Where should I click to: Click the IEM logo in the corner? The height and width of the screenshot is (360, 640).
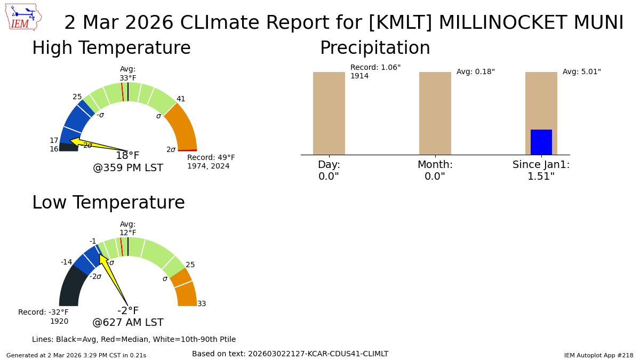[23, 17]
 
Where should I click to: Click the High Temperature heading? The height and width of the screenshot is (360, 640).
[111, 49]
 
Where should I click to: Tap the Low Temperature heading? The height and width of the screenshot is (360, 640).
[108, 203]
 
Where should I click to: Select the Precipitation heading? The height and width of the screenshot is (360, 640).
[375, 49]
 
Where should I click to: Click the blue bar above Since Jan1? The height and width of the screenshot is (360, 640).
[541, 142]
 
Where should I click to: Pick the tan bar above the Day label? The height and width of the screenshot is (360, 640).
[329, 113]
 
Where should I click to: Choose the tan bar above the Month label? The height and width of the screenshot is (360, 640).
[435, 113]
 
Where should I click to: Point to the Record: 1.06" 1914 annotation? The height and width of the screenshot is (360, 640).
[375, 72]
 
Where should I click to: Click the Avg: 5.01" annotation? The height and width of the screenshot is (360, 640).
[581, 72]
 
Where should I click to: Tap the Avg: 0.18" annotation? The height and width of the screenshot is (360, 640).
[475, 72]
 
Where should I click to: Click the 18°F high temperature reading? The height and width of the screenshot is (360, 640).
[127, 156]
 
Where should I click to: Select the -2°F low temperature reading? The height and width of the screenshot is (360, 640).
[128, 311]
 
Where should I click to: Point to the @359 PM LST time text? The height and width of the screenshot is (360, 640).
[128, 168]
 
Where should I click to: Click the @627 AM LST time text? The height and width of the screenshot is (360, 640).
[128, 323]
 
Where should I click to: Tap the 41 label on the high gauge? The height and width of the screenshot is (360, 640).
[181, 99]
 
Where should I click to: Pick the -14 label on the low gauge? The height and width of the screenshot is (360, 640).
[66, 262]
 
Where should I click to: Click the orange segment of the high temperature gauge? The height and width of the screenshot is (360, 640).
[184, 128]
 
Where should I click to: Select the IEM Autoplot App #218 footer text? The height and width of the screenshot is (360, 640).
[598, 355]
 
